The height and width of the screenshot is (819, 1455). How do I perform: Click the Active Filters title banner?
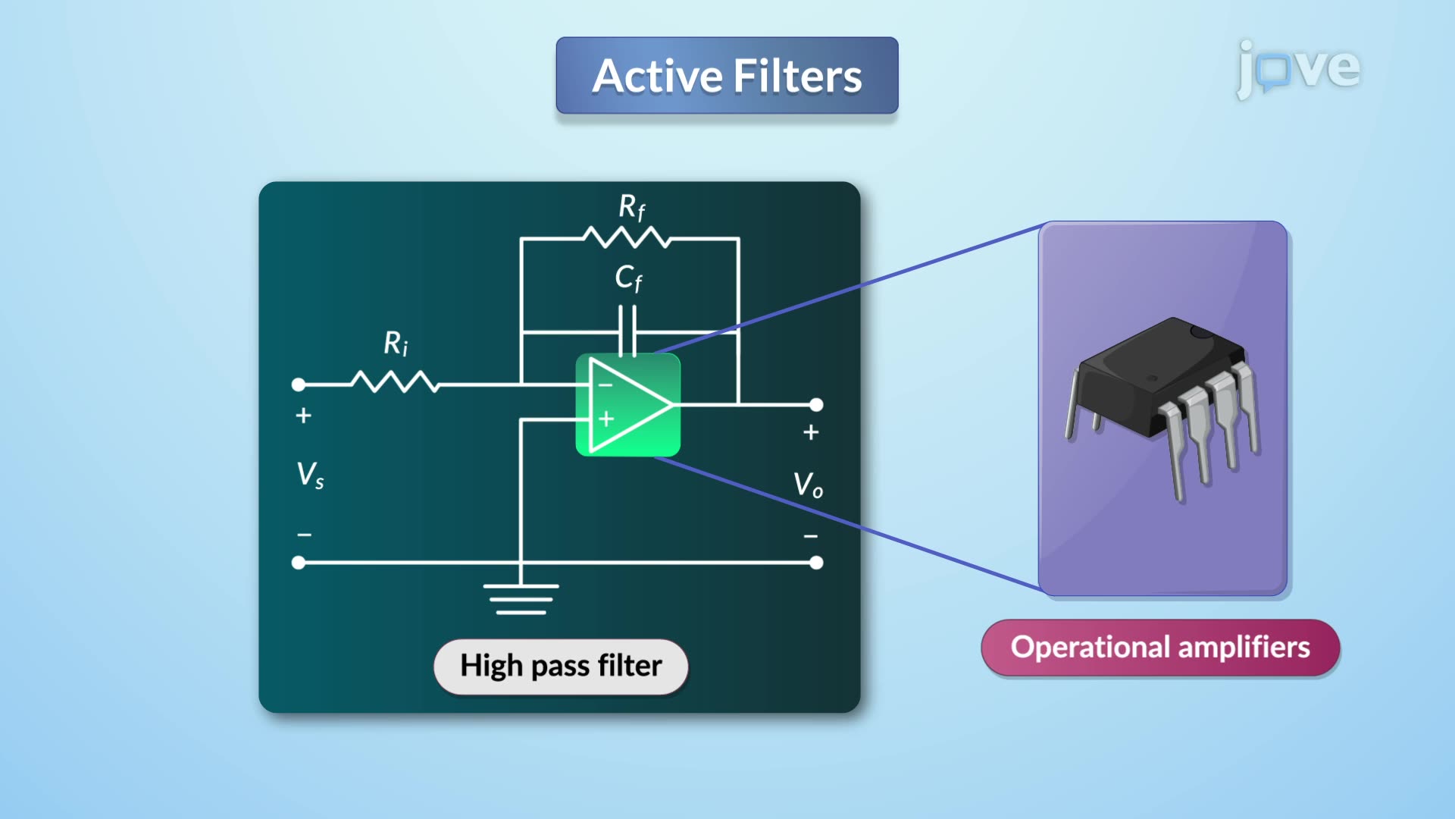[727, 76]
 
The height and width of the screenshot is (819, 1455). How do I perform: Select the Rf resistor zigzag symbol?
[627, 238]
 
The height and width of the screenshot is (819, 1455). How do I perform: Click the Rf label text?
[631, 207]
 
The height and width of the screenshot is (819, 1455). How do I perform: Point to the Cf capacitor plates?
[627, 331]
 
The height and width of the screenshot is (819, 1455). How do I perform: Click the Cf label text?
[628, 278]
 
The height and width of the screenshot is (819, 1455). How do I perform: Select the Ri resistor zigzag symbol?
[395, 382]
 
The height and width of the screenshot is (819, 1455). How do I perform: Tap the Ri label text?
[396, 344]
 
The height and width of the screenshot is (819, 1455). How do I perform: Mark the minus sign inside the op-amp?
[605, 385]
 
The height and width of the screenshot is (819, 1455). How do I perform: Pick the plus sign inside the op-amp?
[606, 419]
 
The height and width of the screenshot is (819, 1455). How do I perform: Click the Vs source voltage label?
[310, 475]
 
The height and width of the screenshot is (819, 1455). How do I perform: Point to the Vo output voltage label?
[808, 485]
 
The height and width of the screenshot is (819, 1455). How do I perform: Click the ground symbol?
[521, 598]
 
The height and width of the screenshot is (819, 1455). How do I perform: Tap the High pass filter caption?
[561, 666]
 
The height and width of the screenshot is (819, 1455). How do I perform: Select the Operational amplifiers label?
[1160, 648]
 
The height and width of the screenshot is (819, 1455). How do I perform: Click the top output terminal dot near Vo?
[816, 405]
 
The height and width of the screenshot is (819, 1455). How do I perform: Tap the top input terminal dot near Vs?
[299, 385]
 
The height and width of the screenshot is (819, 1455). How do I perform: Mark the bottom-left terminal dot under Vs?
[299, 563]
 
